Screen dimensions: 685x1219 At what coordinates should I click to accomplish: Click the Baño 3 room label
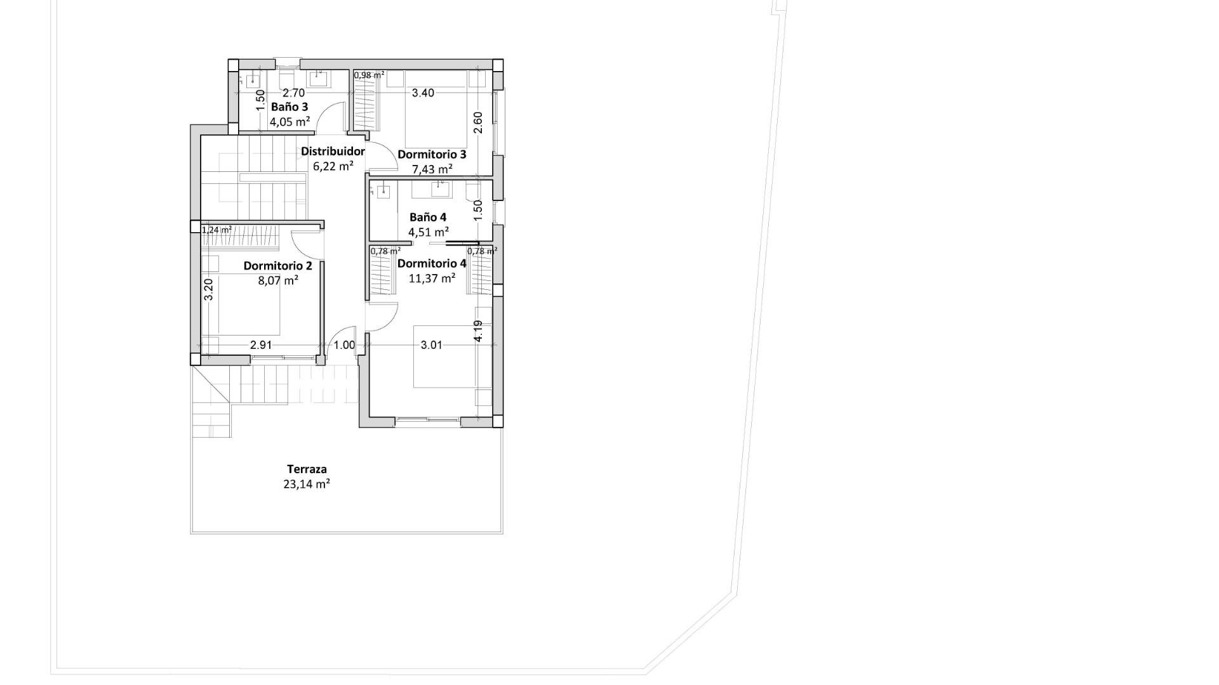[x=290, y=107]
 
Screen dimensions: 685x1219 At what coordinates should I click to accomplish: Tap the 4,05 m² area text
[x=290, y=122]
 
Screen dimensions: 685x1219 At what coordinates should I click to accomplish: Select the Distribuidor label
[x=333, y=152]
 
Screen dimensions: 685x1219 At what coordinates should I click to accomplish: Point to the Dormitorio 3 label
[x=432, y=155]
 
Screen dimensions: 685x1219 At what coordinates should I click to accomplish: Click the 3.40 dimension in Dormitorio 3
[x=423, y=93]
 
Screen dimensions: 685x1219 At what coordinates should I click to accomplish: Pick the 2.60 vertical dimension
[x=478, y=122]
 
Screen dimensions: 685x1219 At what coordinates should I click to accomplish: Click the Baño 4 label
[x=428, y=217]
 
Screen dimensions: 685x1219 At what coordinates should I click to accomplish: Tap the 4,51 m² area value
[x=429, y=232]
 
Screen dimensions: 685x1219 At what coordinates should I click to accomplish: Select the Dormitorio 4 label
[x=432, y=263]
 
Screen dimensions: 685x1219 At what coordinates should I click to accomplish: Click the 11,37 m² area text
[x=432, y=278]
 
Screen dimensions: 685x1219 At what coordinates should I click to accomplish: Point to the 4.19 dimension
[x=478, y=330]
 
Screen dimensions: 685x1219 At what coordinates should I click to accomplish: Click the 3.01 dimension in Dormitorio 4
[x=432, y=345]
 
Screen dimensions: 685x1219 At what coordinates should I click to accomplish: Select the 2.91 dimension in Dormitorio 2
[x=261, y=345]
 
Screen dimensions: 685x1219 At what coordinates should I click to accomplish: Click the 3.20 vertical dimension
[x=208, y=290]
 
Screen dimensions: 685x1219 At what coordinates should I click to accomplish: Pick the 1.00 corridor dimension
[x=344, y=345]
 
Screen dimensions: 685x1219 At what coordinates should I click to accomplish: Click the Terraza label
[x=307, y=469]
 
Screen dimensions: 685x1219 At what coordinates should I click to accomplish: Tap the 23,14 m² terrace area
[x=307, y=484]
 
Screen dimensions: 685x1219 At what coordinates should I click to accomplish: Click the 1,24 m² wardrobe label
[x=216, y=230]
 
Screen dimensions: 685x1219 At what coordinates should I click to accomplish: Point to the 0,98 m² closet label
[x=369, y=75]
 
